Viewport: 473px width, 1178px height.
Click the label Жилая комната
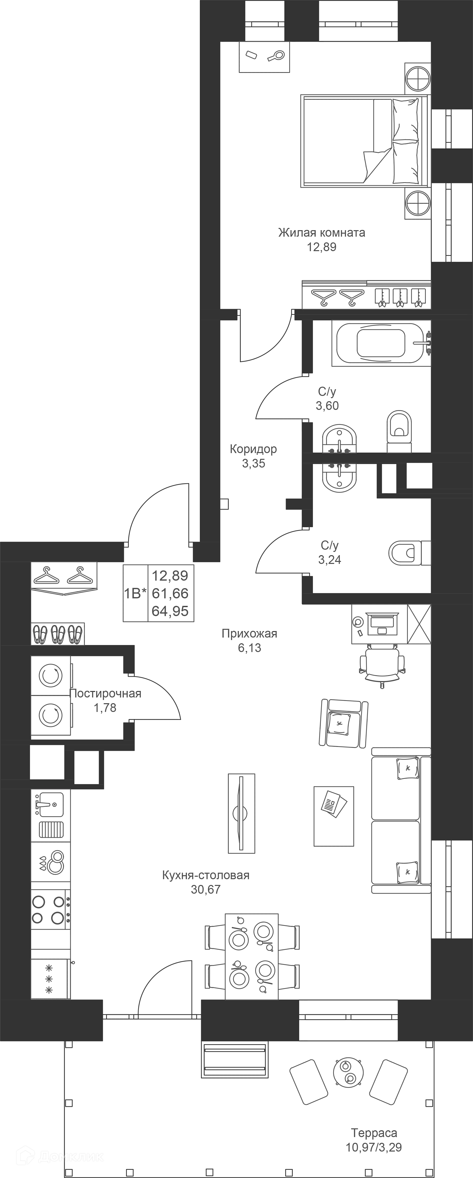(x=322, y=233)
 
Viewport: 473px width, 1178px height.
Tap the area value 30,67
(x=206, y=889)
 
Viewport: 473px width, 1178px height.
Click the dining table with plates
(x=251, y=957)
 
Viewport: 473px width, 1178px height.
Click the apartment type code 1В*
(x=135, y=593)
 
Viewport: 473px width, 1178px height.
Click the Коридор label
(x=253, y=449)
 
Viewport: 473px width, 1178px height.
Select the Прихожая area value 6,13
(x=249, y=648)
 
